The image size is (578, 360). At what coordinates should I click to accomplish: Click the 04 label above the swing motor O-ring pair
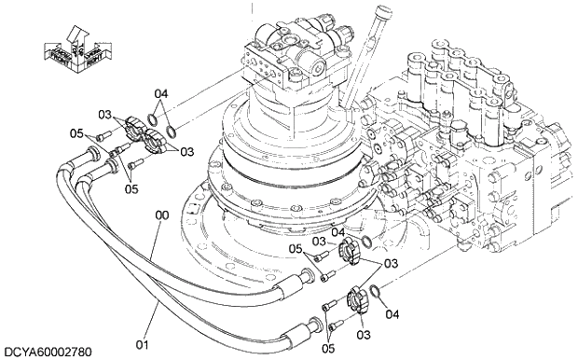coord(161,94)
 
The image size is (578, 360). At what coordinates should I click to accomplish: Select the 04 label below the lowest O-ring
coord(392,314)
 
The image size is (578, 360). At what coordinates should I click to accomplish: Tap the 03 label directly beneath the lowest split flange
coord(362,334)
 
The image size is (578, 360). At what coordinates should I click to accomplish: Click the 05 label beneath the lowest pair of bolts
coord(327,348)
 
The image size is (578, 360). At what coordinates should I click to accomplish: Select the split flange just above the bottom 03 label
coord(359,304)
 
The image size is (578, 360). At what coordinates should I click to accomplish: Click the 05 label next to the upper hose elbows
coord(77,133)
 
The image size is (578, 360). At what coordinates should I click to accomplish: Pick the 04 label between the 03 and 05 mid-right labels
coord(338,233)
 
